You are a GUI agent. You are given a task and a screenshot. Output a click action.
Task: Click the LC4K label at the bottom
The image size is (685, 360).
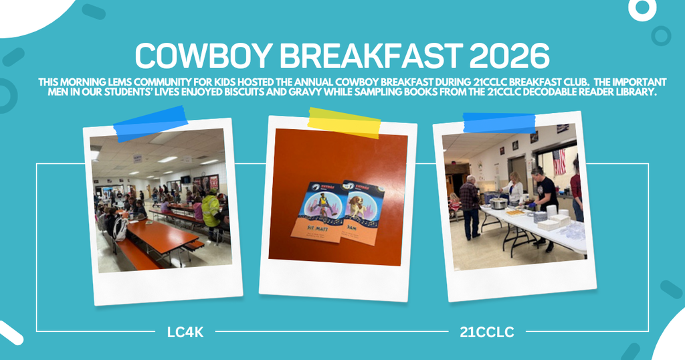[x=186, y=331]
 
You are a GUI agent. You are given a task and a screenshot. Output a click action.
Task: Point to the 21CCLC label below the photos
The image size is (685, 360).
[x=486, y=331]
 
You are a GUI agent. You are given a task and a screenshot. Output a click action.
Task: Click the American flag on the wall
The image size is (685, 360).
[x=559, y=161]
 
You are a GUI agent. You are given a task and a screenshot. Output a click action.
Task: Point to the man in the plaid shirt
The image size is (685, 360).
[x=470, y=203]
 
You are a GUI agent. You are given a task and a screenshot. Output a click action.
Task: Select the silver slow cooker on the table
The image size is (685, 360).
[x=497, y=202]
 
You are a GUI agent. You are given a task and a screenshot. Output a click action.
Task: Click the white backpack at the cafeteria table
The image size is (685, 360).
[x=120, y=228]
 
